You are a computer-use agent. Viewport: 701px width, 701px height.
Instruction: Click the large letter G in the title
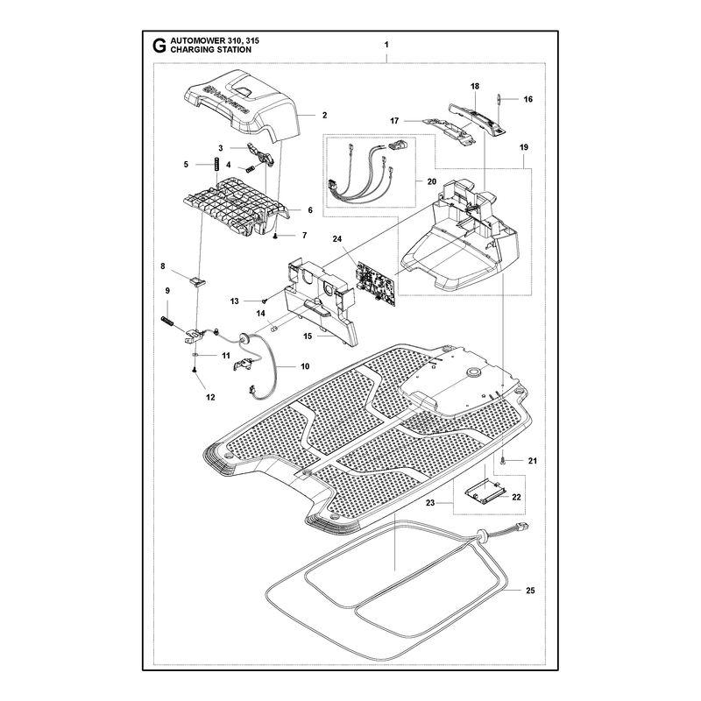(x=159, y=46)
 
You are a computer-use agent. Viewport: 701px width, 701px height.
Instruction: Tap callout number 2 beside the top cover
(x=324, y=116)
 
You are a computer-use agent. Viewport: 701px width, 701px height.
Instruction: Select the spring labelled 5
(x=216, y=164)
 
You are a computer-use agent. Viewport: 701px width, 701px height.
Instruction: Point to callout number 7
(x=304, y=235)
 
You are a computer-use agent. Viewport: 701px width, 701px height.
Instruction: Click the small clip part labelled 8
(x=197, y=280)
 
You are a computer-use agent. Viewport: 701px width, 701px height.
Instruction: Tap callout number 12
(x=210, y=397)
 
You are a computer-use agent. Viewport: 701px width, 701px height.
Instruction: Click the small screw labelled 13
(x=265, y=301)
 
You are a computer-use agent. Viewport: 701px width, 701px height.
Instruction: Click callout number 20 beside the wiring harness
(x=431, y=182)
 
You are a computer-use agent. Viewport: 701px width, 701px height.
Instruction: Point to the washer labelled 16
(x=498, y=99)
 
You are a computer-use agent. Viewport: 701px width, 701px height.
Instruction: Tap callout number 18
(x=475, y=86)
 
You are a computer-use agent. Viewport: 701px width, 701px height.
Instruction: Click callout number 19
(x=523, y=147)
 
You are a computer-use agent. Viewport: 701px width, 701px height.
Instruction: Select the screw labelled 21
(x=502, y=461)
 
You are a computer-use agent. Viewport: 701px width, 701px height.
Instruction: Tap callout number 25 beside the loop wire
(x=530, y=591)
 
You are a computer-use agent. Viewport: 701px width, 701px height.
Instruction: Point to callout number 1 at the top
(x=386, y=45)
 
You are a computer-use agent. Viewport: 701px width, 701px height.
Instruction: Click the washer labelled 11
(x=195, y=354)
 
